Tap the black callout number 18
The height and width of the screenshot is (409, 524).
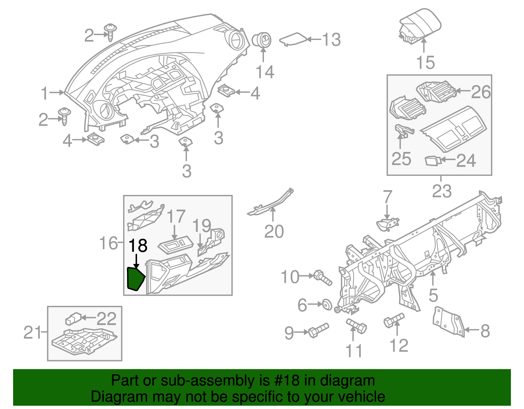tap(138, 246)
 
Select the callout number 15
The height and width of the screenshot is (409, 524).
tap(425, 63)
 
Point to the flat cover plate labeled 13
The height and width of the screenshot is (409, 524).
tap(292, 39)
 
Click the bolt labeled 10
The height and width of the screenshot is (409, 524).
tap(323, 278)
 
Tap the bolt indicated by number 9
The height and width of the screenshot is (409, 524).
tap(318, 331)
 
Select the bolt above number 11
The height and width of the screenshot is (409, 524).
tap(357, 326)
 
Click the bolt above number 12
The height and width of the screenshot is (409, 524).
tap(394, 320)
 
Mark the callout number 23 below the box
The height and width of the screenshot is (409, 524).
tap(441, 191)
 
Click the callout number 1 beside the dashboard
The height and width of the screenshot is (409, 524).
tap(45, 93)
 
